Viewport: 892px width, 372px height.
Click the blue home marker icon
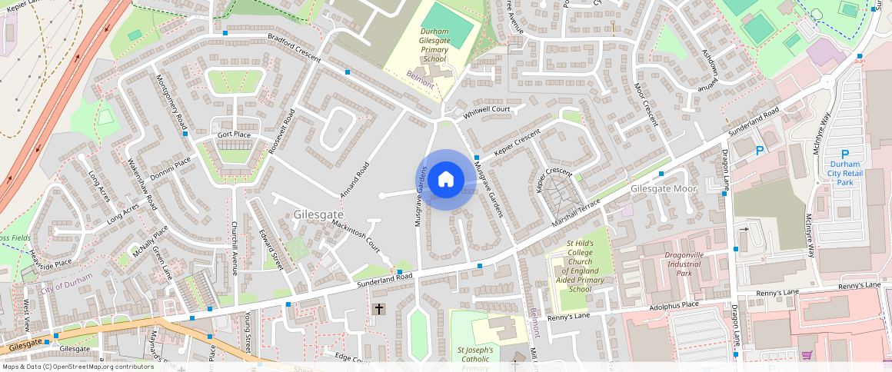[445, 180]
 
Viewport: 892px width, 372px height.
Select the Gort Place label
[234, 135]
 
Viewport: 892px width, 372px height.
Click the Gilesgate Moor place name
[663, 188]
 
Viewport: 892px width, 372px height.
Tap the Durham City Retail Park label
[844, 173]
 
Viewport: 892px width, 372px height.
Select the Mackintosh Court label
[356, 236]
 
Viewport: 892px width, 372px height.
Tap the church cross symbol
[378, 309]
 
